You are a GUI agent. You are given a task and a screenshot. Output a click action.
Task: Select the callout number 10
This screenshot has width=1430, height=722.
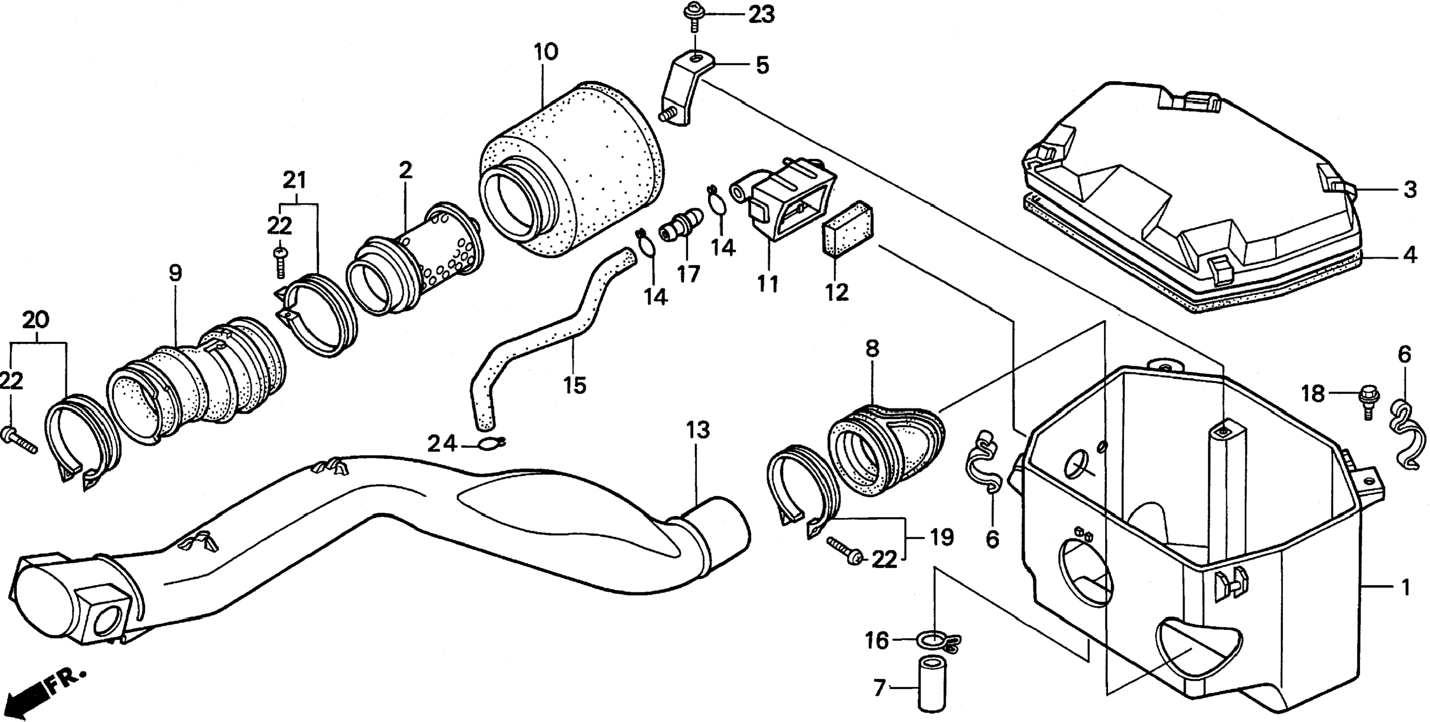(x=546, y=52)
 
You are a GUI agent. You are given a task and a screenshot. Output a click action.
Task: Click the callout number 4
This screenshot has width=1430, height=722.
(x=1410, y=256)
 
